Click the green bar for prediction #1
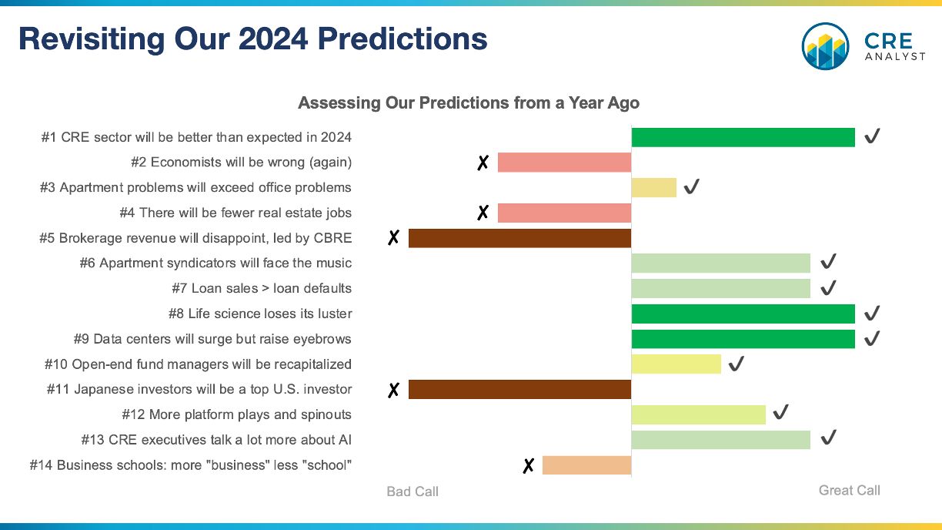tap(743, 138)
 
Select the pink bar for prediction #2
tap(564, 163)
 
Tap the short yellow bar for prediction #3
tap(654, 188)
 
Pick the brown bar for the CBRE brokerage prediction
tap(519, 238)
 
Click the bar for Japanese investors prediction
tap(519, 389)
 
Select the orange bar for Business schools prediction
tap(586, 465)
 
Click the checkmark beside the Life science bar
tap(872, 314)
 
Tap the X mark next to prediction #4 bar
tap(483, 213)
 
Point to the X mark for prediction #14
tap(528, 465)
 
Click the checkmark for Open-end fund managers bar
tap(736, 364)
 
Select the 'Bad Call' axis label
tap(413, 491)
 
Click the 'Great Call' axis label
tap(850, 491)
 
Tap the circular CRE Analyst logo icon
tap(825, 46)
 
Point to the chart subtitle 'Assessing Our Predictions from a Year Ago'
tap(469, 102)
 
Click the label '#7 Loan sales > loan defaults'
tap(262, 288)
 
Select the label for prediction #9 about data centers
tap(212, 339)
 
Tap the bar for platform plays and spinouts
tap(699, 414)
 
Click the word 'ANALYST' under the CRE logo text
tap(895, 56)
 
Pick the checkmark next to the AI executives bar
tap(828, 438)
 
